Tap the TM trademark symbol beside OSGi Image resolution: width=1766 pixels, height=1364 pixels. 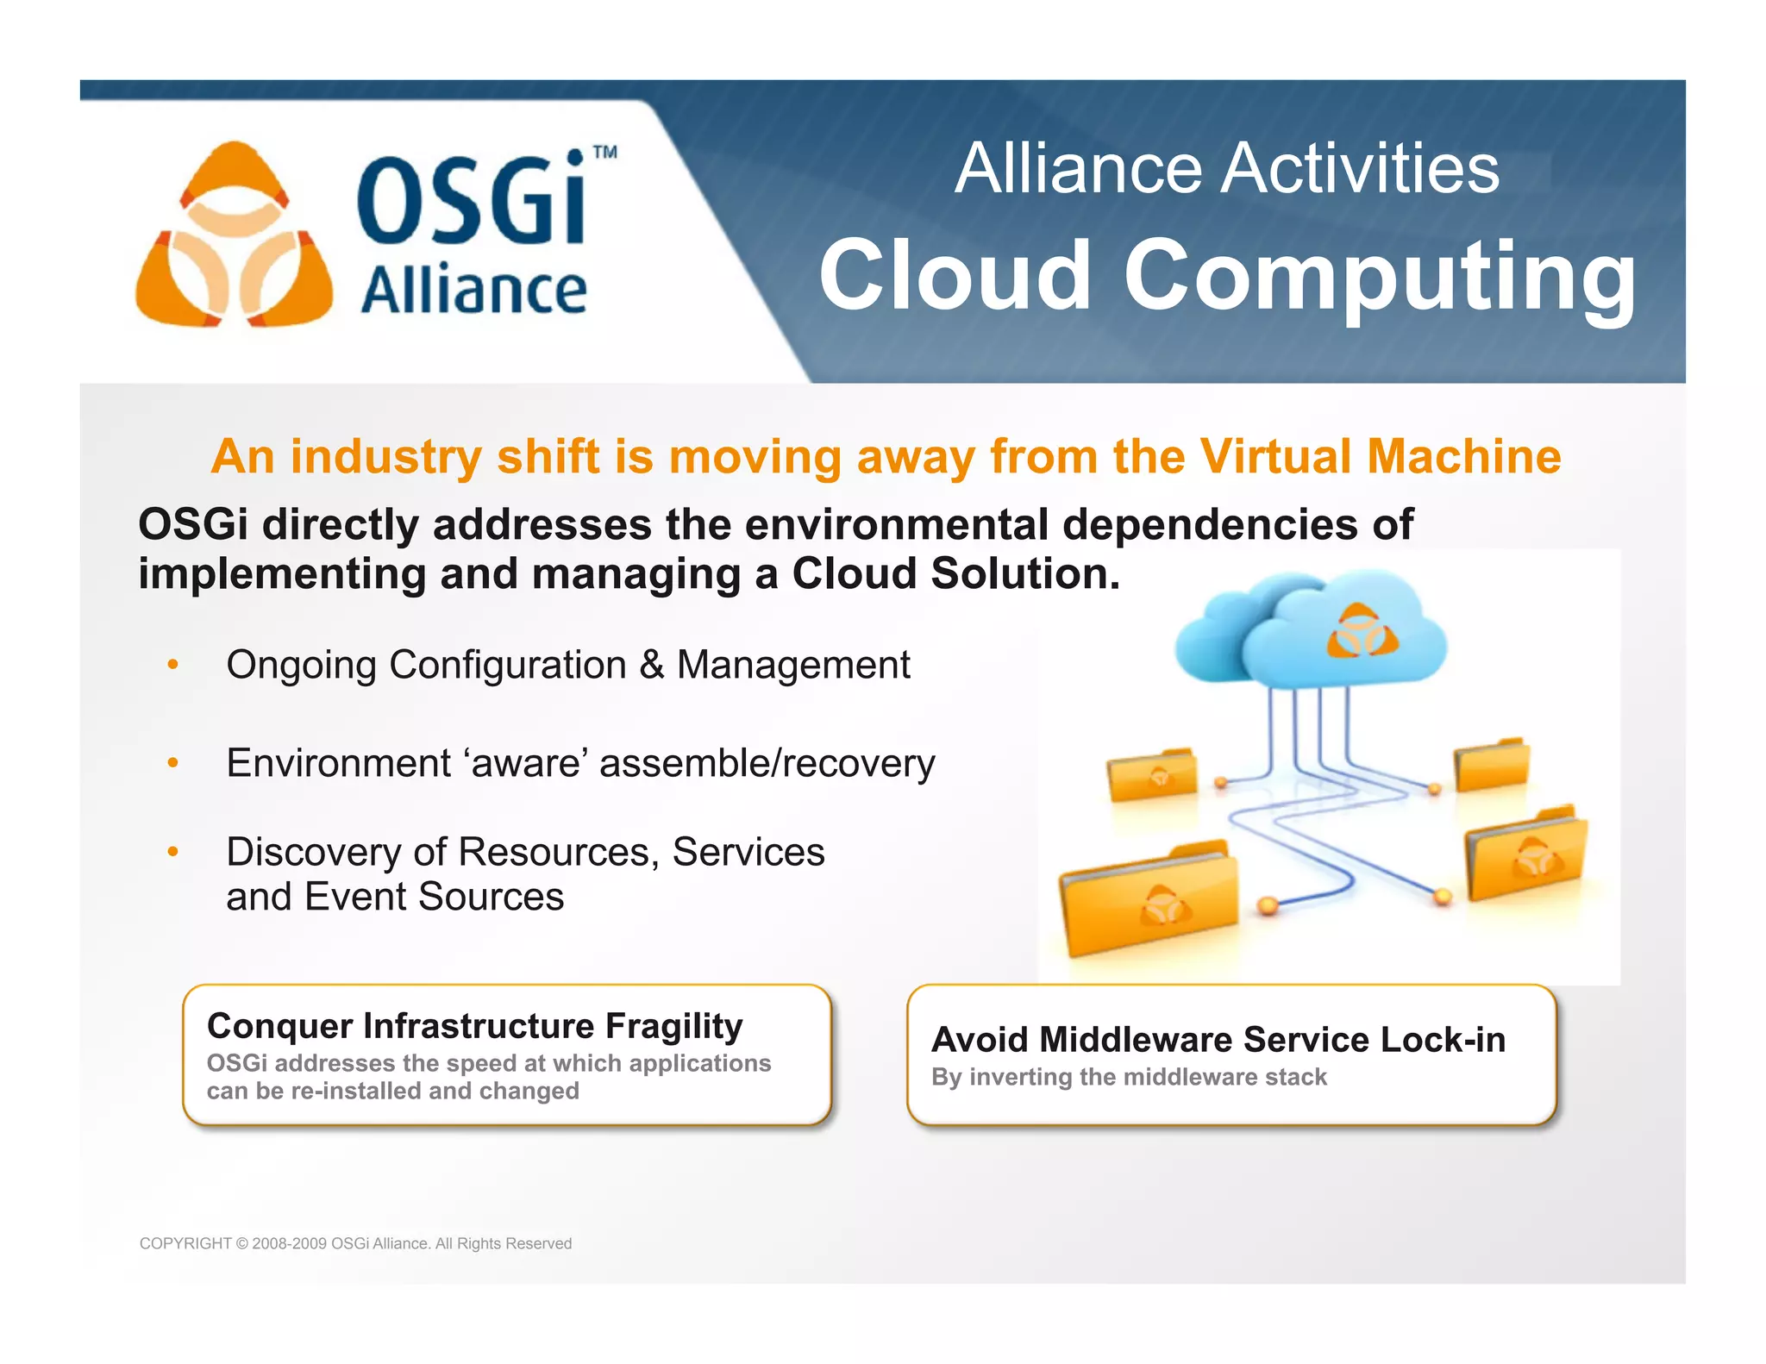pyautogui.click(x=605, y=153)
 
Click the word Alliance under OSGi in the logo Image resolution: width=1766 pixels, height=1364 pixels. pyautogui.click(x=473, y=291)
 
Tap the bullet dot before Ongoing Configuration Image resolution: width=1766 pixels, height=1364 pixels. pyautogui.click(x=173, y=665)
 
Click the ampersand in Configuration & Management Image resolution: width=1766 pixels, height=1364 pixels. pyautogui.click(x=652, y=665)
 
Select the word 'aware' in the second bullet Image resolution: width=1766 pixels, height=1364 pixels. pyautogui.click(x=525, y=763)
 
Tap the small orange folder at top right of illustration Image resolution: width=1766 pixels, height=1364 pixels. pyautogui.click(x=1492, y=764)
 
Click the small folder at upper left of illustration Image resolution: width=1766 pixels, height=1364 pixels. pyautogui.click(x=1153, y=773)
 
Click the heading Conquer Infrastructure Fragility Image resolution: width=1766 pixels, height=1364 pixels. pyautogui.click(x=474, y=1026)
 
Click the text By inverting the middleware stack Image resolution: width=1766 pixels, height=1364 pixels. pyautogui.click(x=1129, y=1077)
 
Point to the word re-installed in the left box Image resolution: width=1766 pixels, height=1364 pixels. pyautogui.click(x=355, y=1092)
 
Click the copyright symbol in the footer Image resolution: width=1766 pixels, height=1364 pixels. pyautogui.click(x=241, y=1243)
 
